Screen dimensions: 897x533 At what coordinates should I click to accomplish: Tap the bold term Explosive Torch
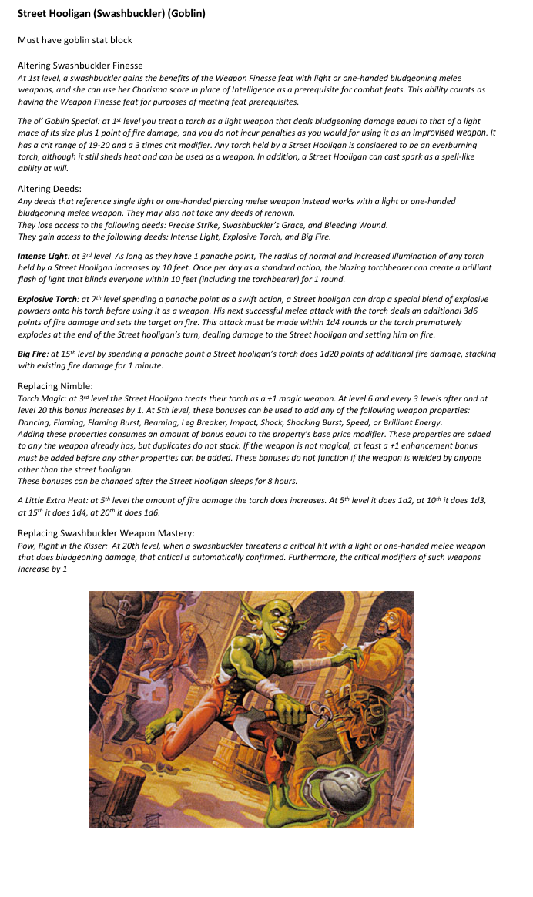point(48,298)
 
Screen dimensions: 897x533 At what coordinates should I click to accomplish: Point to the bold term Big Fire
point(34,354)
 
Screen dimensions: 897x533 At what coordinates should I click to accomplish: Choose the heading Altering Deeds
point(50,189)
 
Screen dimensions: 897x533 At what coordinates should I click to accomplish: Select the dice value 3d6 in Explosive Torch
point(479,310)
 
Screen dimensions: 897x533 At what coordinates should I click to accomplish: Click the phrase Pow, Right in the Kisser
point(62,546)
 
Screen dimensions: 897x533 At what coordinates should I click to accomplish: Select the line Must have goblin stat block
point(75,40)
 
